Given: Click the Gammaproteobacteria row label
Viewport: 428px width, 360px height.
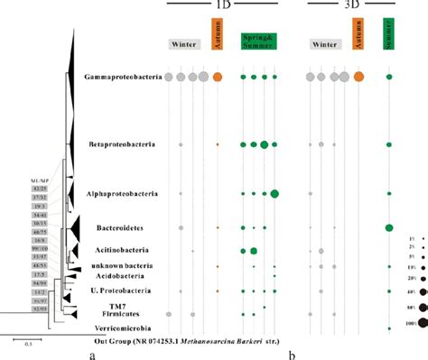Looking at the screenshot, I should (x=124, y=78).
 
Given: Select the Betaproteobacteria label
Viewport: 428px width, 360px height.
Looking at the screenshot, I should (x=129, y=144).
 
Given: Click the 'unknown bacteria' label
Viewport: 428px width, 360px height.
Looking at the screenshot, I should (x=133, y=265).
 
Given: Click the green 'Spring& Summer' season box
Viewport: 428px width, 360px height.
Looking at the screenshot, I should (x=258, y=41).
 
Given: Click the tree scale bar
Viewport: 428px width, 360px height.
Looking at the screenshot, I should (x=27, y=337).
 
